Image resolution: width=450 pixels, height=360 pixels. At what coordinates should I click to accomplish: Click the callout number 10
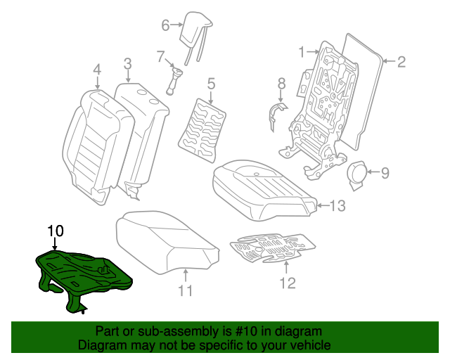(56, 231)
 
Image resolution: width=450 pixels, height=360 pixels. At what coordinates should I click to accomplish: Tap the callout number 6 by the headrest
(166, 25)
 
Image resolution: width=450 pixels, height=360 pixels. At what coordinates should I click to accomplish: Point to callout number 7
(160, 56)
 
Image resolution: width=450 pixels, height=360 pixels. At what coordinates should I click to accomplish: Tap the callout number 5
(210, 86)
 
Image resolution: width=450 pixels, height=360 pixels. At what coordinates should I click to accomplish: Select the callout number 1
(302, 51)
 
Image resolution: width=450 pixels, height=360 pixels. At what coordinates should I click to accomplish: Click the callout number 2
(401, 62)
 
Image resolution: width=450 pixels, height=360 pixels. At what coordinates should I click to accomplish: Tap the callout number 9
(385, 171)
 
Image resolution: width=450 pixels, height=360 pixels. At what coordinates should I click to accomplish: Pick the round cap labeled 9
(359, 172)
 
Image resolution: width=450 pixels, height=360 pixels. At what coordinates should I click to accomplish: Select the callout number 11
(185, 290)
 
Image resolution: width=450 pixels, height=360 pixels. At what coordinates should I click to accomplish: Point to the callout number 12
(287, 283)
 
